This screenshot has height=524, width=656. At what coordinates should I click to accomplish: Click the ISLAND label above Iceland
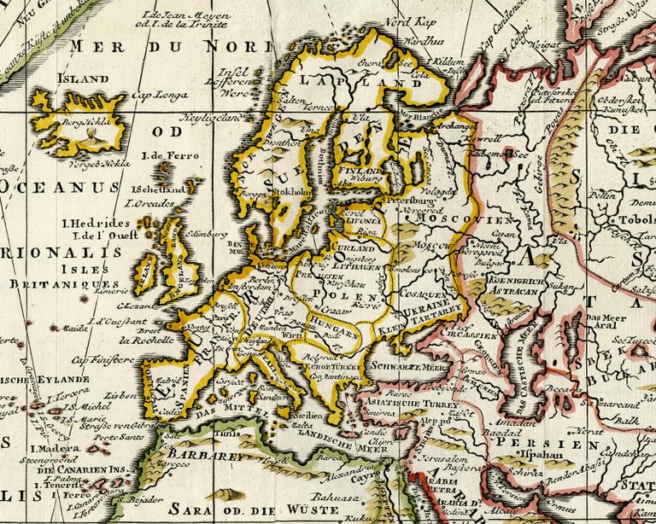pos(83,79)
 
